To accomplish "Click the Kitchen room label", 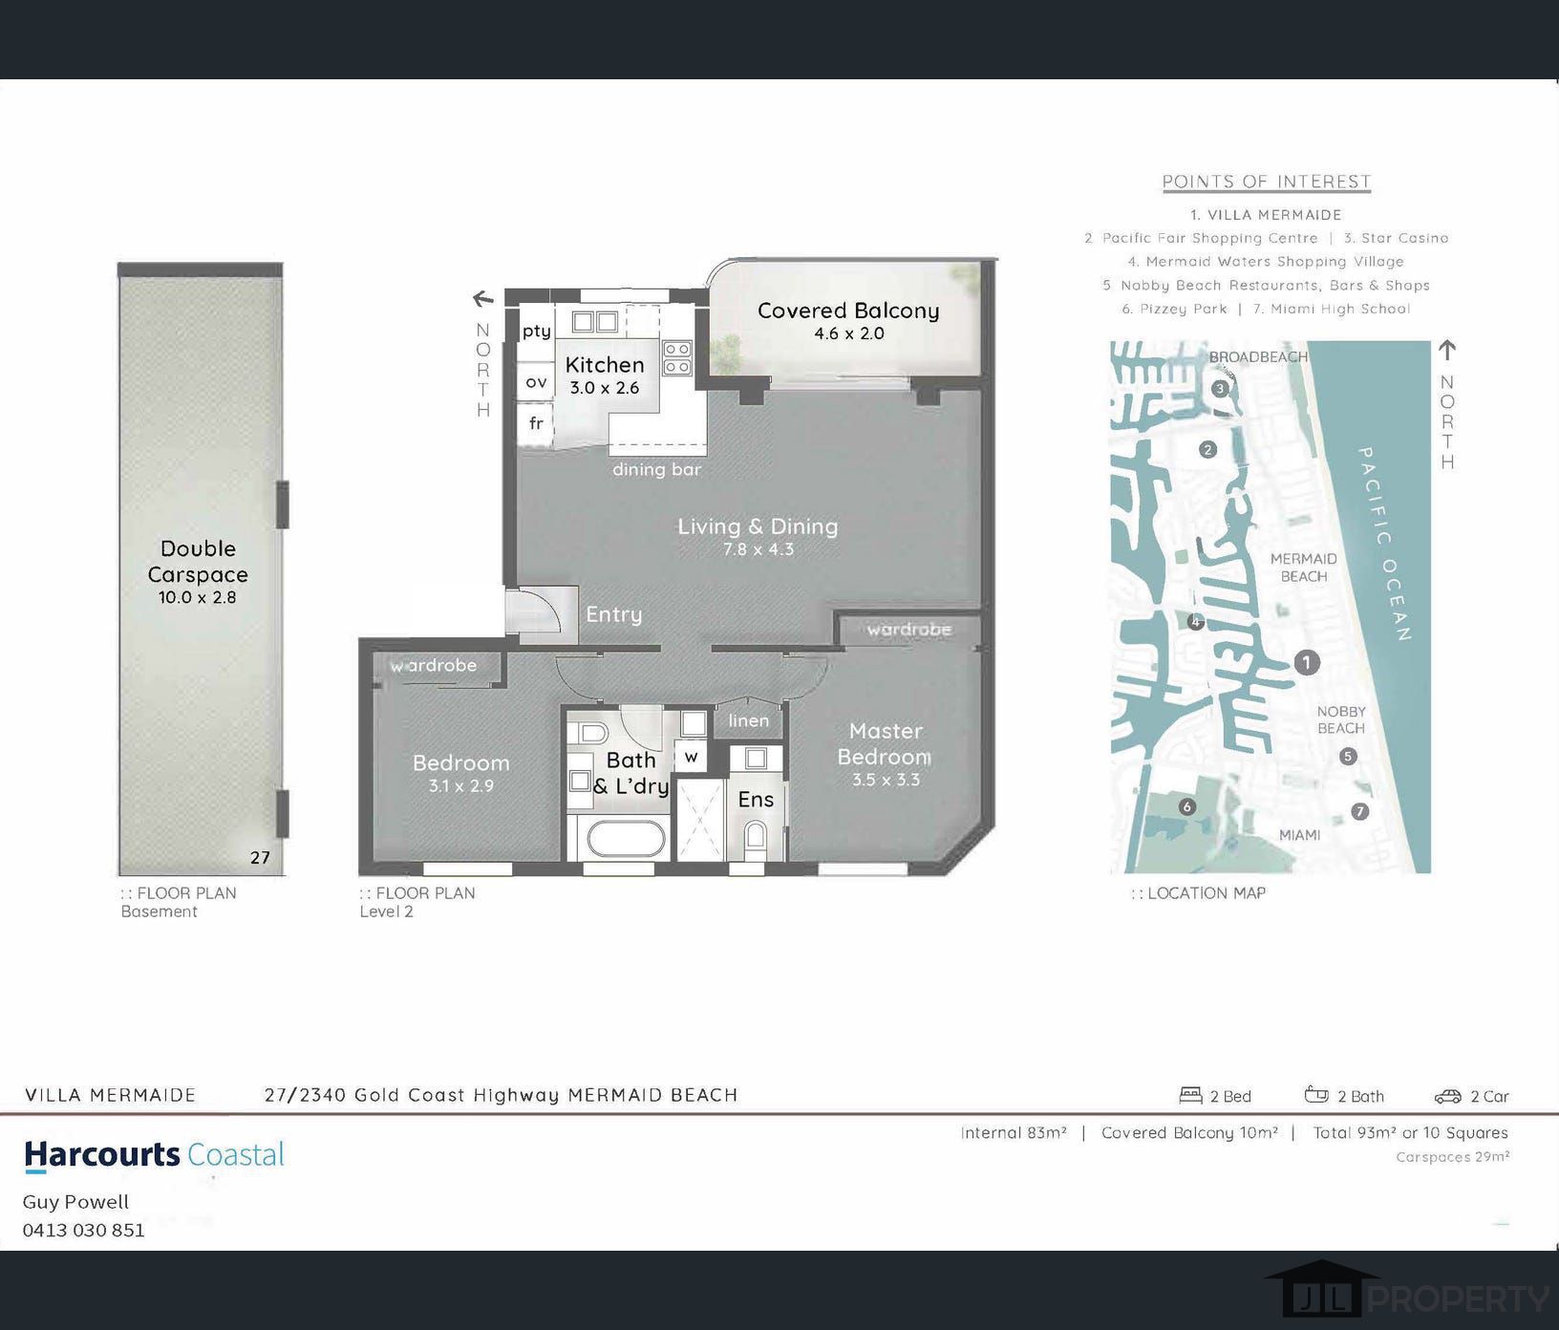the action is [605, 364].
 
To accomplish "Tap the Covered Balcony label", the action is [848, 311].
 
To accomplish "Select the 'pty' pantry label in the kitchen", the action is [536, 332].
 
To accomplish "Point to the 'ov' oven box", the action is [536, 382].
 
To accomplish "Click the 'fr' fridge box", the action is [536, 423].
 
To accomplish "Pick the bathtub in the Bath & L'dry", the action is [626, 840].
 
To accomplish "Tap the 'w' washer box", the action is [691, 757].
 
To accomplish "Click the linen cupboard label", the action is [748, 720].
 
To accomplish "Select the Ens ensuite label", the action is [756, 799].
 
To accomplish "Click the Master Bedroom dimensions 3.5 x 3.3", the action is [886, 780].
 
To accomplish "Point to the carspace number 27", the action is [260, 857].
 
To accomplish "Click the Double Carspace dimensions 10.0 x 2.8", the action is [198, 597].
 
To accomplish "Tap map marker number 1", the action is [1307, 662].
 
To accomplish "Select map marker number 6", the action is [1187, 807].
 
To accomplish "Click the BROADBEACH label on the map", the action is [1258, 357].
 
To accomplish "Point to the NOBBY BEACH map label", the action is [1341, 719].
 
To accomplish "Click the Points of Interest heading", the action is [1267, 182].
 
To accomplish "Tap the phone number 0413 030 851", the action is [84, 1230].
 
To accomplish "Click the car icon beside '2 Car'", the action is [1448, 1096].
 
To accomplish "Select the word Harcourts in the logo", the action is [102, 1154].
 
